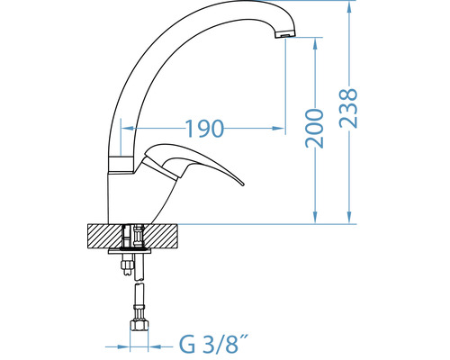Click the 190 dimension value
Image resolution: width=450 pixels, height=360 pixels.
pos(205,129)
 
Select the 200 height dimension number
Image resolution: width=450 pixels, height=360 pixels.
pos(314,129)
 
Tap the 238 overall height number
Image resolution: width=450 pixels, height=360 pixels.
pos(348,108)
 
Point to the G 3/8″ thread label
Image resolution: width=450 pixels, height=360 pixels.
pos(214,345)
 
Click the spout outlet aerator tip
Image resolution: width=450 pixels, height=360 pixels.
pos(285,34)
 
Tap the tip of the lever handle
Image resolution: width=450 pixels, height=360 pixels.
pos(243,184)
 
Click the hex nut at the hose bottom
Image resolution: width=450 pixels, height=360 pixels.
pos(139,326)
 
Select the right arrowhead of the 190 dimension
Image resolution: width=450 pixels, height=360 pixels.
pos(278,129)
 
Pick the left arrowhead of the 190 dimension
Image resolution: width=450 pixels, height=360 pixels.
pos(127,129)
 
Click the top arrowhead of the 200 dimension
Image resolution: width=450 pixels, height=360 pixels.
pos(315,43)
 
